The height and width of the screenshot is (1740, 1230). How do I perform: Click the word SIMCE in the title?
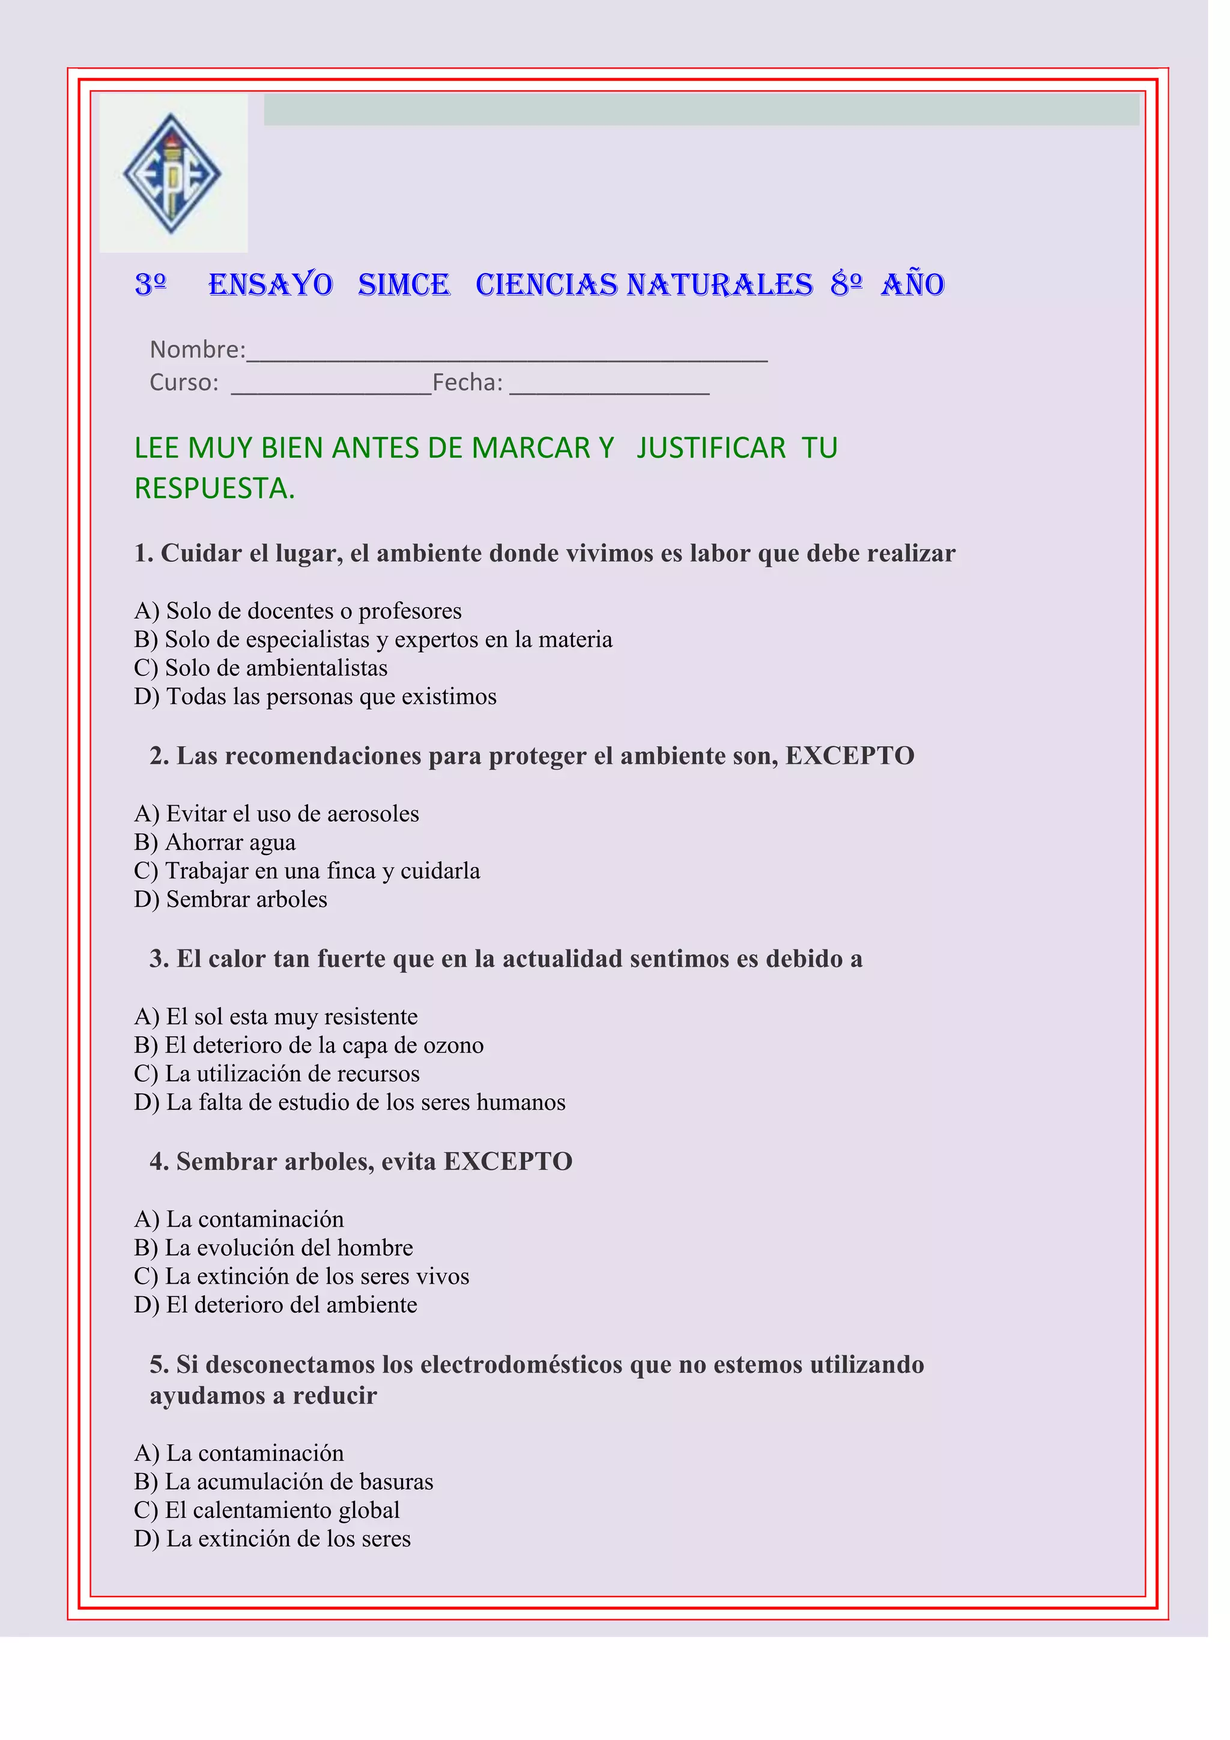[404, 285]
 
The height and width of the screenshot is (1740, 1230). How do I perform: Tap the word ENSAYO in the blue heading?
[270, 285]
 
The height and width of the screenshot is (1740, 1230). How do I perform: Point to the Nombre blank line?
[507, 356]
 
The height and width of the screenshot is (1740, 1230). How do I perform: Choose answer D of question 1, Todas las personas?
[315, 696]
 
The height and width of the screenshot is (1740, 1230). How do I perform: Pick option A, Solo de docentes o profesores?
[298, 611]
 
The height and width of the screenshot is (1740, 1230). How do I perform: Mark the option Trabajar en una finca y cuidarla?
[307, 871]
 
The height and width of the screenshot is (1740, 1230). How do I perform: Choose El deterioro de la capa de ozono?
[309, 1045]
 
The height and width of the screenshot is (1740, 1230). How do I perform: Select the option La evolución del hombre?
[274, 1248]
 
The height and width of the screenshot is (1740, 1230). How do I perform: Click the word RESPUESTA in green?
[214, 489]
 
